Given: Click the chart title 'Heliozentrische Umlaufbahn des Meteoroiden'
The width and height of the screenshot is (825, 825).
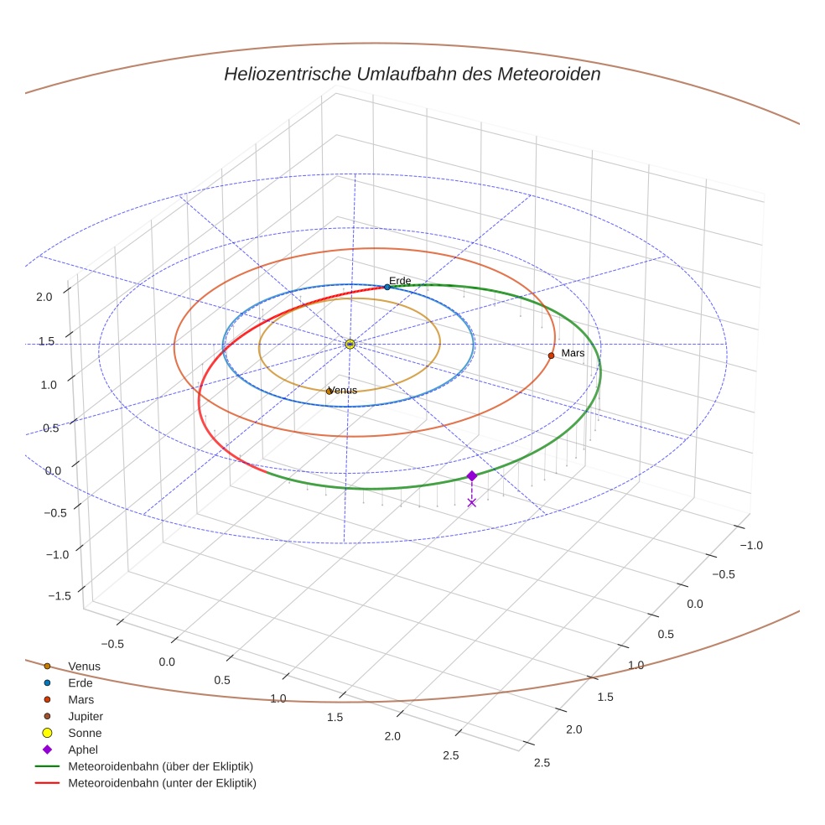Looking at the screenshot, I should click(412, 74).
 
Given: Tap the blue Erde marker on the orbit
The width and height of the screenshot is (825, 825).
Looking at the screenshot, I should click(387, 287).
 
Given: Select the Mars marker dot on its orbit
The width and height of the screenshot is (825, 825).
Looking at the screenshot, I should click(551, 355).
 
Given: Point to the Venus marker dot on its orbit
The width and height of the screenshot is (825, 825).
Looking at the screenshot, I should click(329, 392).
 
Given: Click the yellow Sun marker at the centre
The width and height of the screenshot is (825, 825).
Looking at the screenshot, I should click(350, 344).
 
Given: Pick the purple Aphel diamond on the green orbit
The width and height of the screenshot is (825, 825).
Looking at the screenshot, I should click(471, 475).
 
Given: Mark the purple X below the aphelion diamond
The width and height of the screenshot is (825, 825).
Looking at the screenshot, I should click(471, 502).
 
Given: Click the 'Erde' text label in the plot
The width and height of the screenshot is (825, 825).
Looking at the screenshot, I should click(400, 280).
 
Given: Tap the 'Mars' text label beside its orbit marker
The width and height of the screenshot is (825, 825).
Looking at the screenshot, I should click(573, 353).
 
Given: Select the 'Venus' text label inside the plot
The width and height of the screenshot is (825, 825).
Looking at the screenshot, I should click(343, 390).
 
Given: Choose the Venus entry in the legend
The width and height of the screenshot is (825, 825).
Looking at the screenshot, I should click(84, 667).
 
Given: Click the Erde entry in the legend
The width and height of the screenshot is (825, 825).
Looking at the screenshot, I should click(80, 683).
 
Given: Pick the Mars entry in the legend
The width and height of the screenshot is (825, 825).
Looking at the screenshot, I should click(80, 700).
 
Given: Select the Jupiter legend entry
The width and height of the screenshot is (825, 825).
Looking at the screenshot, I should click(86, 717).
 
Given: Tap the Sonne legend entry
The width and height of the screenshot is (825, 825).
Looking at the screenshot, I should click(85, 733).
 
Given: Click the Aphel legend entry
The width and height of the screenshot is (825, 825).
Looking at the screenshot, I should click(82, 750).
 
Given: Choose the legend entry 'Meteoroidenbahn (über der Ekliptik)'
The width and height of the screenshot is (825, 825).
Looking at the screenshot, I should click(160, 766).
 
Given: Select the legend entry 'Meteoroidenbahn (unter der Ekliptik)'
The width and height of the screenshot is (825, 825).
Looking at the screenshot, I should click(162, 783).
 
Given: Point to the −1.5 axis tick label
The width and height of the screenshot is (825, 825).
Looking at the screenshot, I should click(60, 595).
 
